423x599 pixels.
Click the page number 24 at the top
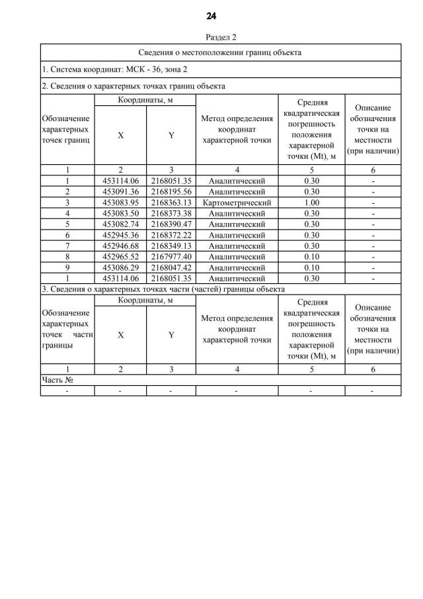click(211, 16)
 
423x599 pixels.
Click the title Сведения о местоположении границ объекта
click(220, 52)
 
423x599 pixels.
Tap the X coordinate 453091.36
click(120, 191)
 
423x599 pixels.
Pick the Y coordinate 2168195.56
click(171, 191)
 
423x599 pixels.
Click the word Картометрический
click(236, 202)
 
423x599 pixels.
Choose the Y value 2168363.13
click(171, 202)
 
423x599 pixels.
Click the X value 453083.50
click(120, 213)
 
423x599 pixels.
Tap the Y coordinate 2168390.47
click(171, 224)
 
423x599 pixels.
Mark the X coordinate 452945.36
click(120, 235)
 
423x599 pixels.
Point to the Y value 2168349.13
click(171, 246)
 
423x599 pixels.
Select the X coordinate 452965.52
click(120, 257)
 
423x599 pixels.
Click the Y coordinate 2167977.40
click(171, 257)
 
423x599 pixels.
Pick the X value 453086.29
click(120, 267)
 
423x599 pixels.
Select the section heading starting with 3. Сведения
click(163, 289)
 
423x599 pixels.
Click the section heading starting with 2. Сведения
click(133, 86)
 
